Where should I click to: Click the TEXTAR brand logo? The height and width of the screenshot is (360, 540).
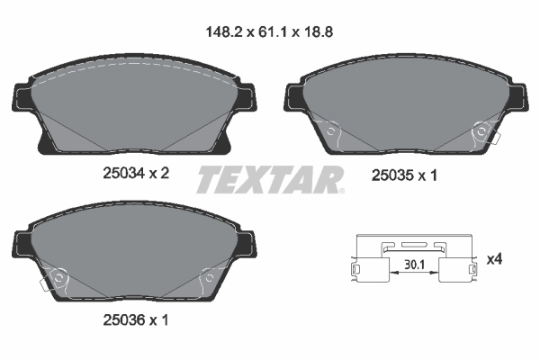[x=269, y=178]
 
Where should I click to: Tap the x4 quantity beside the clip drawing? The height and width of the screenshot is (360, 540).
[x=493, y=259]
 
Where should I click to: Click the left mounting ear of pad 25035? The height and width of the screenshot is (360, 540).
[x=294, y=97]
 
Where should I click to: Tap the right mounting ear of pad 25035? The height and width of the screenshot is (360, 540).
[x=517, y=97]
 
